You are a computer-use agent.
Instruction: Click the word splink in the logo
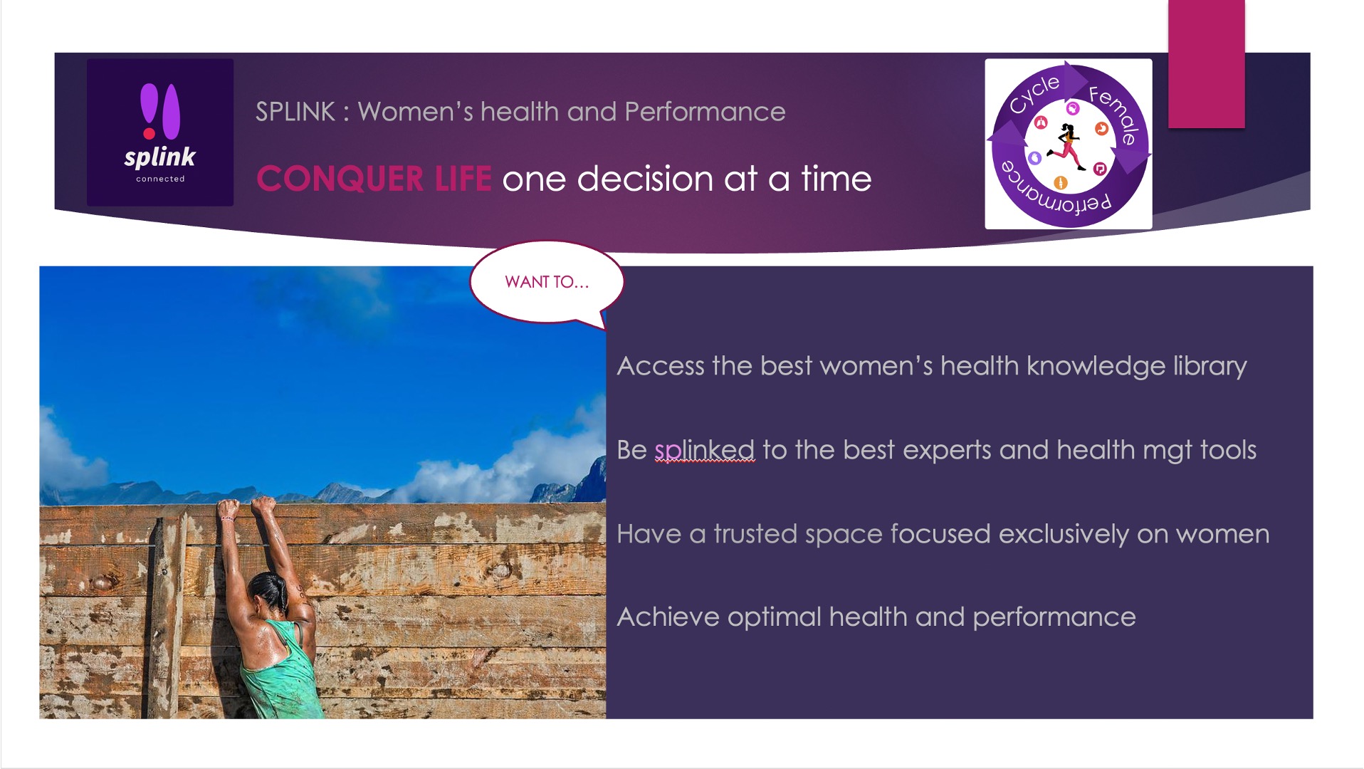tap(159, 157)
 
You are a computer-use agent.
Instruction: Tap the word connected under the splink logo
tap(160, 179)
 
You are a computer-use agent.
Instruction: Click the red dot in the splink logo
tap(149, 133)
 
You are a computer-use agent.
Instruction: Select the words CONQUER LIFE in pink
tap(374, 179)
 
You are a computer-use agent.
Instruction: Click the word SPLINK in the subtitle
tap(295, 112)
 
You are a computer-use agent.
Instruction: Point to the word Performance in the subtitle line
tap(705, 112)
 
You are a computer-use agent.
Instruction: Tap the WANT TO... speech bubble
tap(547, 283)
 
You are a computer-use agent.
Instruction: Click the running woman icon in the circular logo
tap(1068, 146)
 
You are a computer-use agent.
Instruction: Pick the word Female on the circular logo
tap(1114, 114)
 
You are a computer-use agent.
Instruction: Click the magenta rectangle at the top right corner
tap(1206, 64)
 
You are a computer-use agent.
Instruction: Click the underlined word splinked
tap(704, 451)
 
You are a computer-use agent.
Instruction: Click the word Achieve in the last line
tap(668, 617)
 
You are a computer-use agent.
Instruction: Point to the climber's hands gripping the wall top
tap(246, 508)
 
